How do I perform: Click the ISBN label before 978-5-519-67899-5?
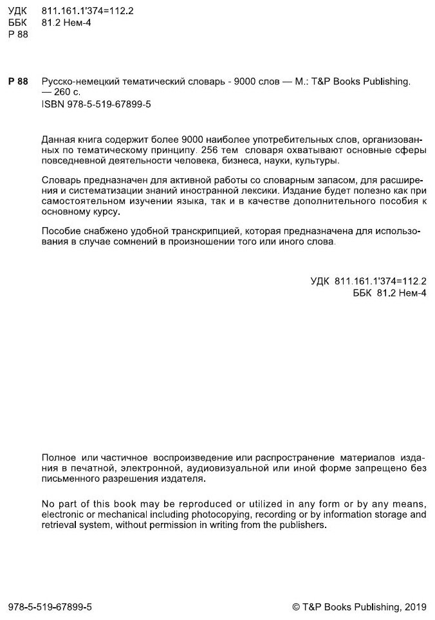point(51,104)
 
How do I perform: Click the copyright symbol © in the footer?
point(296,606)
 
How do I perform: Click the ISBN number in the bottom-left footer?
point(50,606)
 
